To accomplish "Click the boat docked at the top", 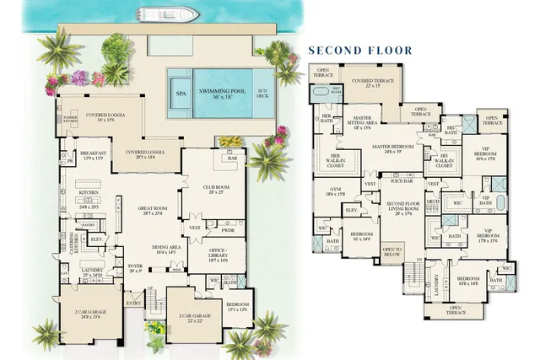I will pos(169,13).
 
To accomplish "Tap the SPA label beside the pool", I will pos(181,94).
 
